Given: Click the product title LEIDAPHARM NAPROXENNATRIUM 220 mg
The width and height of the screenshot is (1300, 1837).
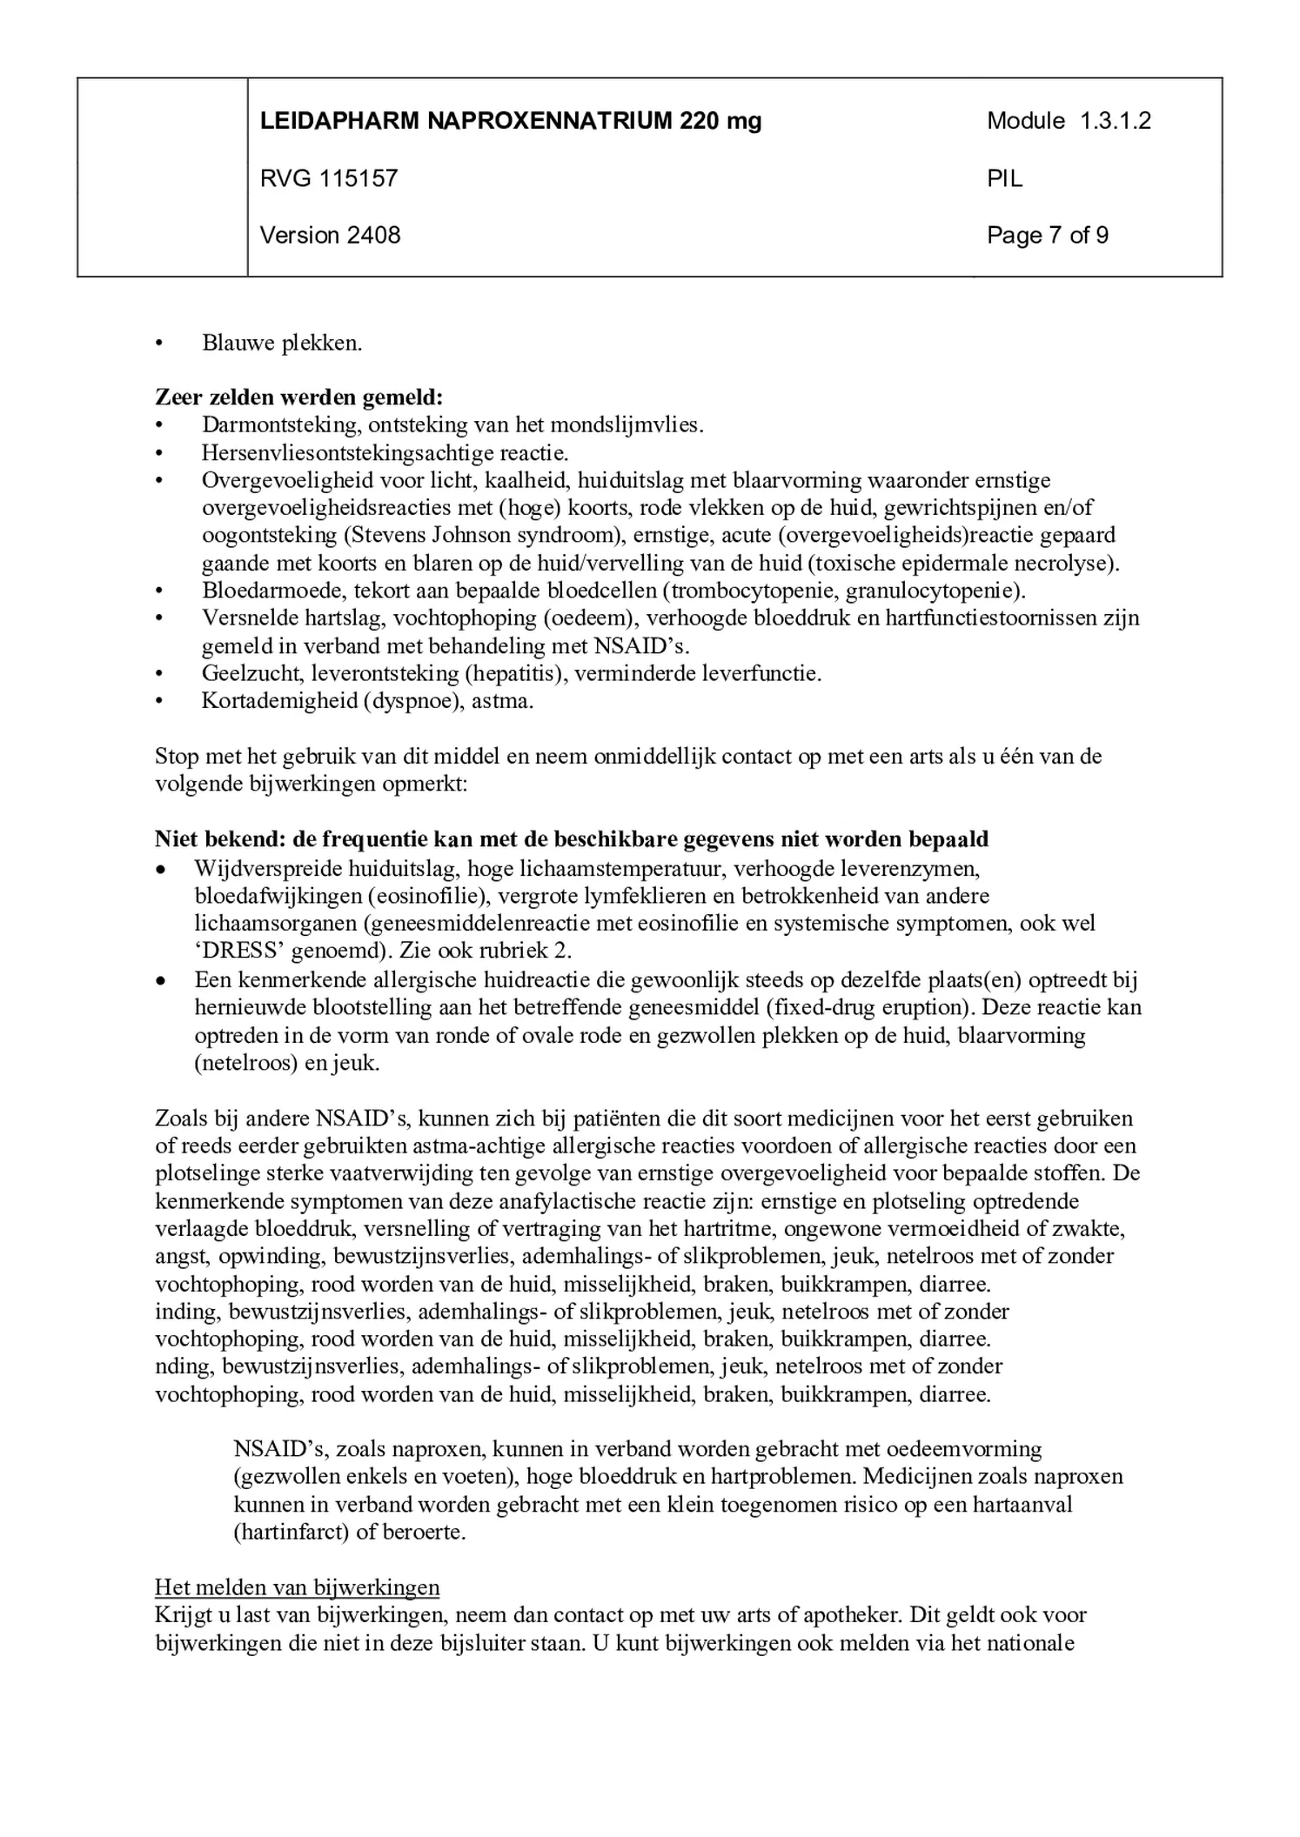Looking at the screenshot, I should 510,121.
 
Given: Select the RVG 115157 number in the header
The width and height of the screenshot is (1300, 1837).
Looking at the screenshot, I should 328,178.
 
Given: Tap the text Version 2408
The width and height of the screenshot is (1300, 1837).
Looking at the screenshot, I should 330,235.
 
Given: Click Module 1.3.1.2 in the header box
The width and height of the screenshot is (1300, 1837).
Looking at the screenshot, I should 1068,121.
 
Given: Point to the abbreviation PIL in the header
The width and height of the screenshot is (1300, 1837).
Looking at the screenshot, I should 1004,178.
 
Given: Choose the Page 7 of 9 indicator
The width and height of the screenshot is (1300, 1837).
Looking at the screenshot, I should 1047,235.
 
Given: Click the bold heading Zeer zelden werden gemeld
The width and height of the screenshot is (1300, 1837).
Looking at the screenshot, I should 298,397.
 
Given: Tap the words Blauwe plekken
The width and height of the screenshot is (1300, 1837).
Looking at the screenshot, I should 281,343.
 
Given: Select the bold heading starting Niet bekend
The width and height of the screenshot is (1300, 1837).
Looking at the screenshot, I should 571,839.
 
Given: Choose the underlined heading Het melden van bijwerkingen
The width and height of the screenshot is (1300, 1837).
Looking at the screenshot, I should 297,1587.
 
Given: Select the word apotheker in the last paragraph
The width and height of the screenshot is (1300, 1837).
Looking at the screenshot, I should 838,1615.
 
